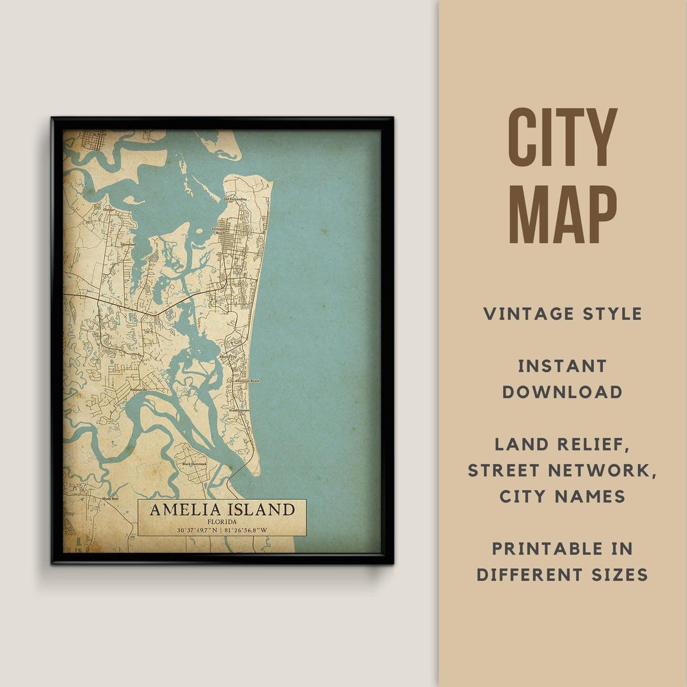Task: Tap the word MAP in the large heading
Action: (562, 214)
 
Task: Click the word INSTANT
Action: (562, 366)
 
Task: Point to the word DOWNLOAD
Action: (562, 392)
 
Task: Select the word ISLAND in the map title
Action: (262, 510)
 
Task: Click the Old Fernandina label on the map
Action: (235, 199)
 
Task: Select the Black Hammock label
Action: (194, 464)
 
